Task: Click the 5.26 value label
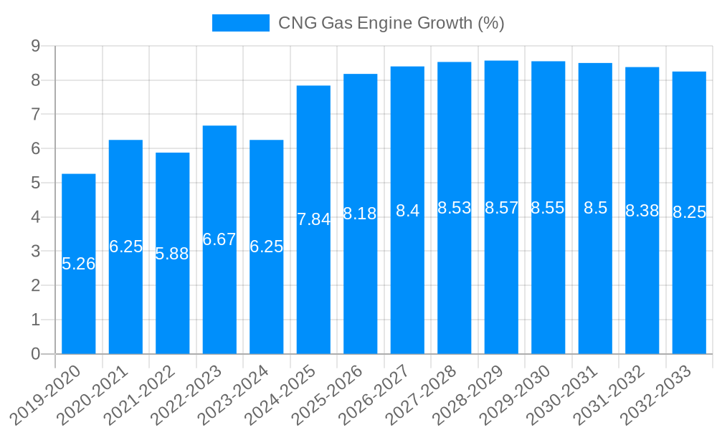coord(79,264)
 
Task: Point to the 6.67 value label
coord(219,239)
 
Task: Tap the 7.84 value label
coord(313,219)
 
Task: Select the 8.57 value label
coord(501,208)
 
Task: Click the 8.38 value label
coord(642,211)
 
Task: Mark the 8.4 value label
coord(407,211)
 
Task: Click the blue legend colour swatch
coord(240,23)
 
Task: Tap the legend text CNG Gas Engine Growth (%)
coord(391,23)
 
